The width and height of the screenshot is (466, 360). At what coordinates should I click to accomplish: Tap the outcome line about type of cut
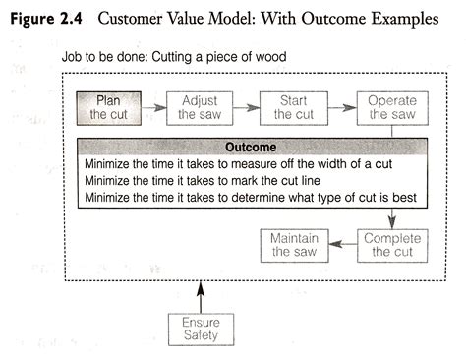pos(251,198)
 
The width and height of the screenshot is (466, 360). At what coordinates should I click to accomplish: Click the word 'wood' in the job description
pos(268,58)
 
